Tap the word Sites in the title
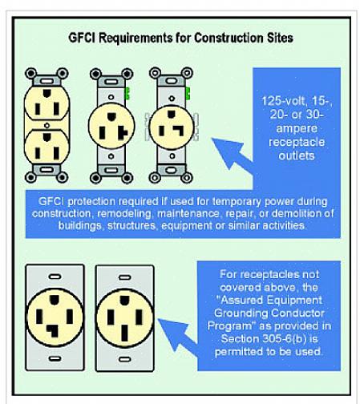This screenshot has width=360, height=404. [x=280, y=38]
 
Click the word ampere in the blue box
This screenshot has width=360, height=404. [x=297, y=128]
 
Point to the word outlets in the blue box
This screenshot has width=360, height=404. [x=297, y=156]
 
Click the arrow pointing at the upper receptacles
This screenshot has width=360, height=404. [x=233, y=155]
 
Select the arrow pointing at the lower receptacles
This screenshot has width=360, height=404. [x=179, y=335]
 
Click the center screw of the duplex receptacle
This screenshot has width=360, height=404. [x=47, y=125]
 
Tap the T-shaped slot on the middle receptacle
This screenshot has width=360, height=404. [x=123, y=132]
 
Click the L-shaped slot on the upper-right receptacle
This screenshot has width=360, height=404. [x=178, y=130]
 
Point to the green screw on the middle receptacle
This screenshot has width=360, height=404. [x=127, y=93]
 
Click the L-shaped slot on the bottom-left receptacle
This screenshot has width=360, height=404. [x=53, y=331]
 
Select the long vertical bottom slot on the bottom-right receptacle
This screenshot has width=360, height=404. [x=124, y=333]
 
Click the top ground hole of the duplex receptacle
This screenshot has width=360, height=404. [x=47, y=93]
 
